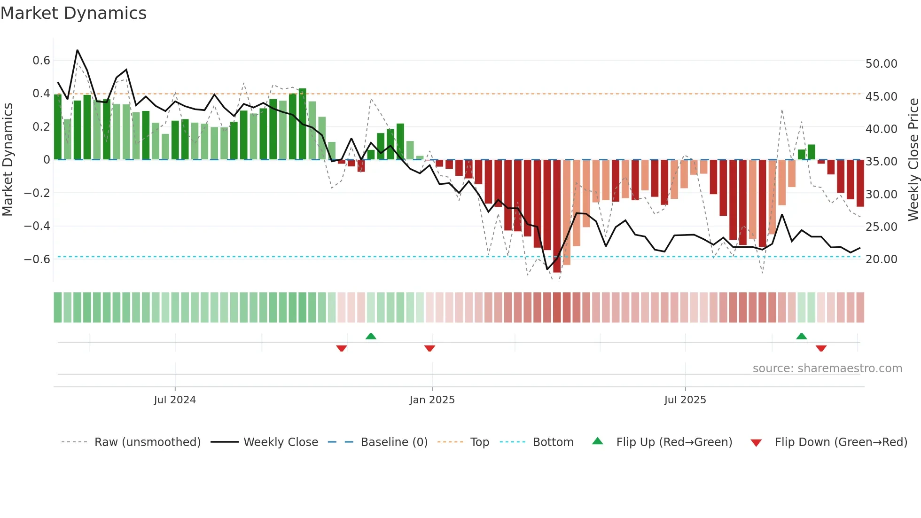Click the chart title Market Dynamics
click(73, 13)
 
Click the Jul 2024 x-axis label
click(175, 400)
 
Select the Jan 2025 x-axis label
click(432, 400)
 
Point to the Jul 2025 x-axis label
click(685, 400)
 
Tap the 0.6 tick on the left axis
click(41, 61)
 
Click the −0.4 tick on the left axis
click(37, 226)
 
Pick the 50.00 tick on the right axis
click(881, 64)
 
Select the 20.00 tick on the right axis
click(881, 259)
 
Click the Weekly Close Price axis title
click(913, 160)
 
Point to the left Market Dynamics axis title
click(8, 160)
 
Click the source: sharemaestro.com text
click(827, 369)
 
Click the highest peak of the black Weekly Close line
click(78, 50)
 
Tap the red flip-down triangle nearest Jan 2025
click(429, 348)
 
